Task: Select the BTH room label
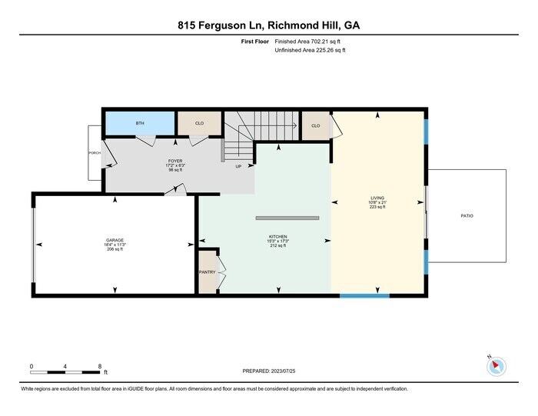point(140,123)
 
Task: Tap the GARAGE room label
point(115,240)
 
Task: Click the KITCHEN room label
point(278,237)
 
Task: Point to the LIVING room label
point(377,198)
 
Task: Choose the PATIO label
point(467,216)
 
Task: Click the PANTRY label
point(207,271)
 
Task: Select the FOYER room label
point(175,161)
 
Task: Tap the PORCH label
point(94,153)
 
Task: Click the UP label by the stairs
point(238,166)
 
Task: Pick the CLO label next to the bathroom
point(199,123)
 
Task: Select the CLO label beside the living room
point(315,125)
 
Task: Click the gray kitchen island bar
point(287,218)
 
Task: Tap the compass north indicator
point(496,366)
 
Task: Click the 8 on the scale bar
point(100,366)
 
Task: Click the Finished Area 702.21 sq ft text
point(310,42)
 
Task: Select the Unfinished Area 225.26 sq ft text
point(310,50)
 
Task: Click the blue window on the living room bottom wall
point(364,295)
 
